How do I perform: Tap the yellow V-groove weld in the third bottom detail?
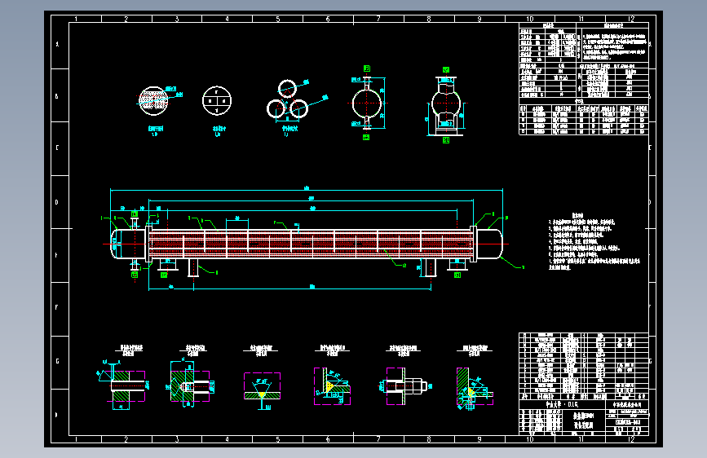[x=261, y=390]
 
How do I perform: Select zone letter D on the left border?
[x=56, y=202]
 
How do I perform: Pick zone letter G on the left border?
[x=56, y=361]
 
